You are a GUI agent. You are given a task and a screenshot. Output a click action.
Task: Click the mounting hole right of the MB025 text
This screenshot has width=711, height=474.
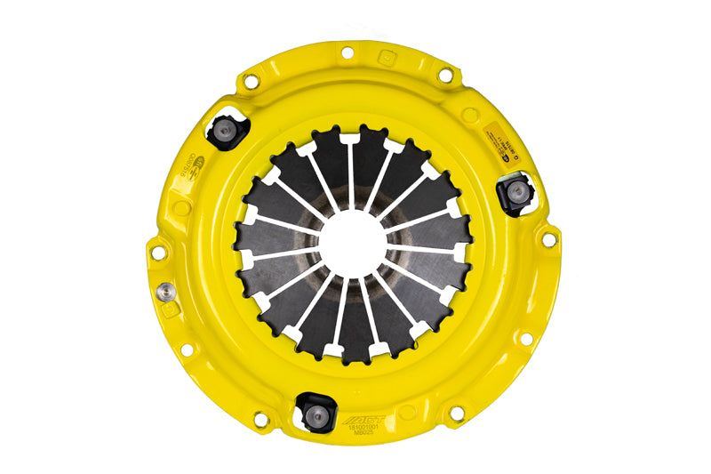click(x=457, y=414)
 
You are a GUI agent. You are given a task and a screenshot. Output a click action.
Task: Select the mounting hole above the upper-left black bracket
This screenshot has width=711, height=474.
click(x=252, y=79)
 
